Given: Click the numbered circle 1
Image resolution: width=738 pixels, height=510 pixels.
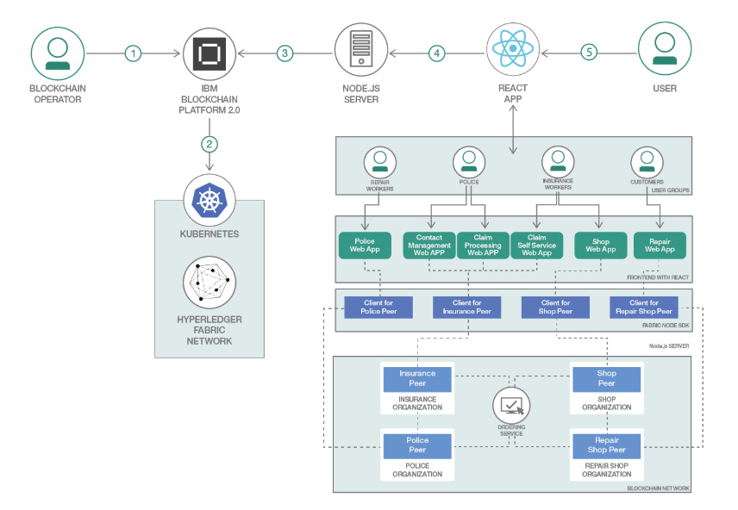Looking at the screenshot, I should [133, 53].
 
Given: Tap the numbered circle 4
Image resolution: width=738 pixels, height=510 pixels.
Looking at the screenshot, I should [437, 53].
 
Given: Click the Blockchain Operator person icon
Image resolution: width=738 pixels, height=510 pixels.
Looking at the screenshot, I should [58, 53].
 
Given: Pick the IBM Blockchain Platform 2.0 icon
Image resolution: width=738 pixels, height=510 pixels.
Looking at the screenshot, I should [209, 53].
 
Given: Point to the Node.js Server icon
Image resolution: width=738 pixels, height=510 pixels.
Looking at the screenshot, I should [360, 52].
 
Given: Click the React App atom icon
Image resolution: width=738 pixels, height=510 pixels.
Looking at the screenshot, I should [513, 49].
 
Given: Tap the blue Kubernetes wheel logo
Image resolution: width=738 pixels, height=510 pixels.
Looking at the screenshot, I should [209, 200].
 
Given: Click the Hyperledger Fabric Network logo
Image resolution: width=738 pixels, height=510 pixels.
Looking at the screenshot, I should [209, 282].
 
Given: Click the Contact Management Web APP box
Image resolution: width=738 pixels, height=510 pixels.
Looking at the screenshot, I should [429, 245].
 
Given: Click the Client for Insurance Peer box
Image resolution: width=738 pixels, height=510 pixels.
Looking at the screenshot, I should [466, 307].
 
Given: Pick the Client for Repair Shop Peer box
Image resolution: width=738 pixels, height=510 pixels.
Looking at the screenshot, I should [644, 307].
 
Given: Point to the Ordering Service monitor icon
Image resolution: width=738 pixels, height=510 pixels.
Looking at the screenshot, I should [511, 404].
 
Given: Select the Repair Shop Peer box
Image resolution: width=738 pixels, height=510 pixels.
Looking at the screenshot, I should [607, 445].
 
